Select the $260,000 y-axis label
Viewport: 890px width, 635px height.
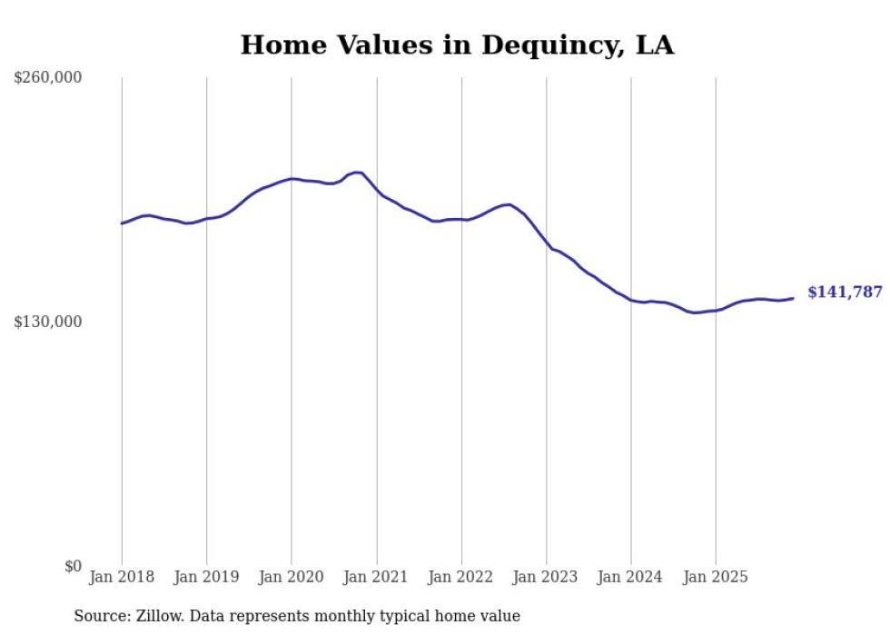[x=48, y=77]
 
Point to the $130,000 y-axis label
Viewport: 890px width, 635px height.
[x=48, y=322]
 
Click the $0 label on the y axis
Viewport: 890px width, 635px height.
[x=73, y=566]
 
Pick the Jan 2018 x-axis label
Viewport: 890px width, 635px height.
[x=122, y=577]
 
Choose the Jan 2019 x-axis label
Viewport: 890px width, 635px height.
[x=206, y=577]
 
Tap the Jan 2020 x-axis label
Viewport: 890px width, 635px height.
[x=292, y=577]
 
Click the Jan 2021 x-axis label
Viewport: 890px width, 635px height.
[x=376, y=577]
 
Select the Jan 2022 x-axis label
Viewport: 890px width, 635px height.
[x=461, y=577]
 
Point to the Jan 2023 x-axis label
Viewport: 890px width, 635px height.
[x=546, y=577]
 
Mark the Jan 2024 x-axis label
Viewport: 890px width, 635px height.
[x=631, y=577]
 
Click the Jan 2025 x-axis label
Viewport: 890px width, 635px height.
[x=716, y=577]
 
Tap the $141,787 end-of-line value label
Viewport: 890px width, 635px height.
[x=845, y=293]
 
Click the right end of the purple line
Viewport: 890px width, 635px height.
[x=793, y=298]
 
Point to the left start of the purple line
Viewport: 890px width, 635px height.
[x=122, y=223]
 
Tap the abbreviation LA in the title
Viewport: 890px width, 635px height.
[x=654, y=45]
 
